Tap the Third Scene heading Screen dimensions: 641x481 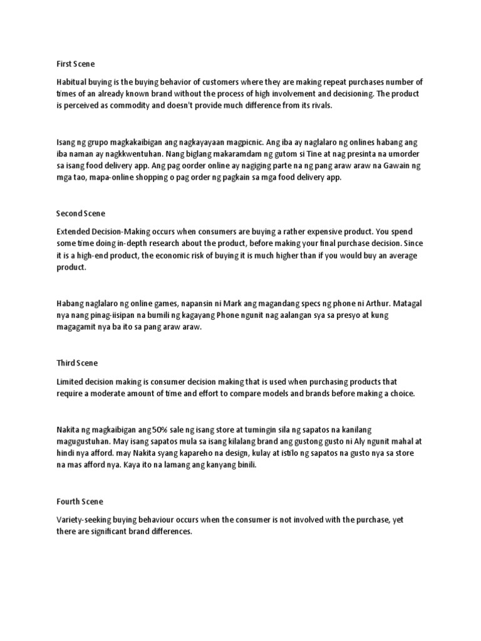click(77, 363)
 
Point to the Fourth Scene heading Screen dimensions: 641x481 click(80, 501)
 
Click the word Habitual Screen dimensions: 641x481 click(72, 83)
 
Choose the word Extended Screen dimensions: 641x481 click(74, 232)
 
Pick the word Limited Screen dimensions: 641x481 click(70, 382)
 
